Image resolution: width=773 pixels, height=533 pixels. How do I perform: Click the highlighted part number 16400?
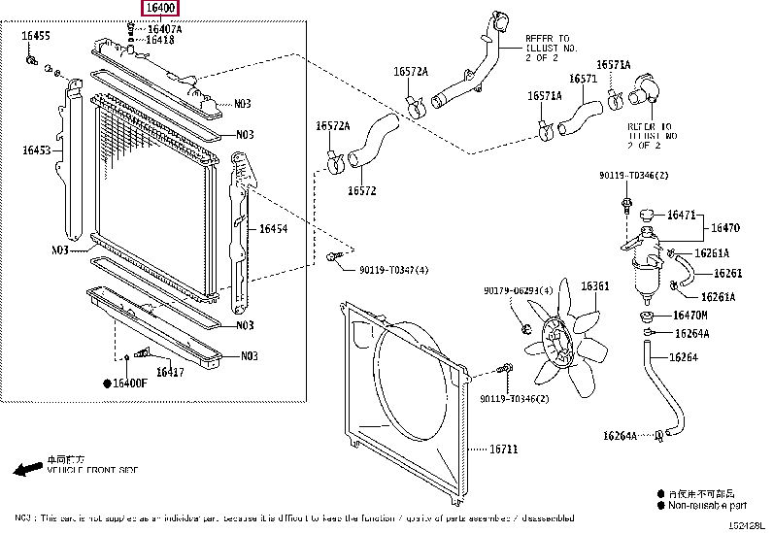[x=161, y=10]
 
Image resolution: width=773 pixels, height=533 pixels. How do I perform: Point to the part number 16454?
[x=274, y=229]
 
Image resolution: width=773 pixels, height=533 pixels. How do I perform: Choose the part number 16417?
[x=170, y=373]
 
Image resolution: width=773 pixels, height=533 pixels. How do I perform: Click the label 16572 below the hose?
[x=361, y=190]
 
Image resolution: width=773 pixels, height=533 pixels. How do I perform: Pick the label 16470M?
[x=689, y=316]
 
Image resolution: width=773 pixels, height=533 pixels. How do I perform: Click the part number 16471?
[x=680, y=215]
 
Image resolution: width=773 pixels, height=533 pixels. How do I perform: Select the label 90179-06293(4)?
[x=518, y=290]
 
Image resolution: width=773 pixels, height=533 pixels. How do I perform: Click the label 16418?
[x=160, y=41]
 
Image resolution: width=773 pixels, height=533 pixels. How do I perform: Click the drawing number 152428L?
[x=747, y=525]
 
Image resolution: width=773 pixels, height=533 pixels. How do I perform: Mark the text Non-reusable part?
[x=708, y=505]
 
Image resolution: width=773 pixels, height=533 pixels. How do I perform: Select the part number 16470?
[x=725, y=228]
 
